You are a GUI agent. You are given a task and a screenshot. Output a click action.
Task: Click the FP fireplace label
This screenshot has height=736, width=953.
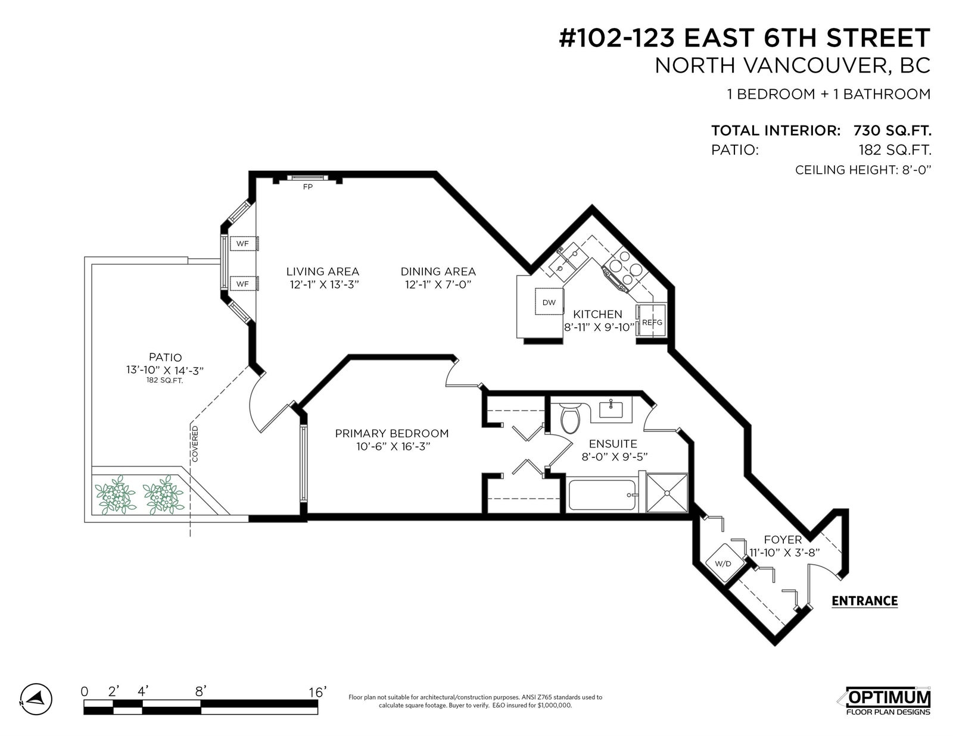(x=307, y=187)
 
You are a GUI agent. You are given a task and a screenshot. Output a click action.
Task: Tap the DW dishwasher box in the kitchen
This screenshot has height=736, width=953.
(x=549, y=302)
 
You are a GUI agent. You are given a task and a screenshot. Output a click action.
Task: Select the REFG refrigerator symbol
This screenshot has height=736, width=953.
(x=652, y=322)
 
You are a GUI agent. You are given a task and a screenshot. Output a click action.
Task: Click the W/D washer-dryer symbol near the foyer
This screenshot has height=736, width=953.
(x=723, y=563)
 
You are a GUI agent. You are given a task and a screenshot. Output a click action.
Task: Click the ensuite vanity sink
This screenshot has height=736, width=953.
(x=611, y=409)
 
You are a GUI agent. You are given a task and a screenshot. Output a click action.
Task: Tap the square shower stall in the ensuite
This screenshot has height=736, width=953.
(x=667, y=493)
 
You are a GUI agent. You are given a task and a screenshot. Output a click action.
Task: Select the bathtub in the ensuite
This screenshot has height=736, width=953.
(x=602, y=495)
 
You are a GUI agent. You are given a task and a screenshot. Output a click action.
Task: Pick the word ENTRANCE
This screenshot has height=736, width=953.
(x=864, y=600)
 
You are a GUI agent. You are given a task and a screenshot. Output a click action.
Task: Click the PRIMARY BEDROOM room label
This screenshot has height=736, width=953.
(x=392, y=433)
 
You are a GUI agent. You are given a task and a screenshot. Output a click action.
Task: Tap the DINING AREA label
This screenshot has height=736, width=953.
(x=438, y=272)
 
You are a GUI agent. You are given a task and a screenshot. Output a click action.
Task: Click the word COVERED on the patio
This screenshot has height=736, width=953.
(x=195, y=444)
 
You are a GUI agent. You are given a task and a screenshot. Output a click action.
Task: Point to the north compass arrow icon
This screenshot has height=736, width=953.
(x=36, y=699)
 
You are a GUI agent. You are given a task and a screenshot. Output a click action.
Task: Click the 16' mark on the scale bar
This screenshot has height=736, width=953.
(x=317, y=692)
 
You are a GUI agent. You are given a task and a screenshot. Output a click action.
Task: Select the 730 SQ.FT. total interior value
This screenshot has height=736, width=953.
(x=892, y=130)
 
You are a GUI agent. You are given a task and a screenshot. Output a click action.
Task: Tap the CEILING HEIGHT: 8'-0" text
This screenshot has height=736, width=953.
(x=862, y=170)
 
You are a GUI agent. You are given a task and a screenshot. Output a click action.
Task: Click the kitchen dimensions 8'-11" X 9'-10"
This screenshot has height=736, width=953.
(x=599, y=327)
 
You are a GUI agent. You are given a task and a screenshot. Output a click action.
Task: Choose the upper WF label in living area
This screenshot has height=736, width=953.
(x=242, y=243)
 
